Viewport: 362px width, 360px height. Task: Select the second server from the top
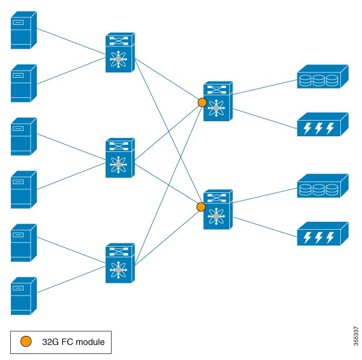24,83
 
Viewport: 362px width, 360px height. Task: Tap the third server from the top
24,136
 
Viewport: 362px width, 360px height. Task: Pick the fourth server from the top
24,189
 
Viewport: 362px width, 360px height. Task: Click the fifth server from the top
24,242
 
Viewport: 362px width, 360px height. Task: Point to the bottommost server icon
24,295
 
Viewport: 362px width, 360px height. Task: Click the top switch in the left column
120,54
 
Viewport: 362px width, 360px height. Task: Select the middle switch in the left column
120,158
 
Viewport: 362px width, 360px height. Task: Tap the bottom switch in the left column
120,263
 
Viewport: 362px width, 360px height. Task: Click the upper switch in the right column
217,101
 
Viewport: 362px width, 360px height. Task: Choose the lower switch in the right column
217,209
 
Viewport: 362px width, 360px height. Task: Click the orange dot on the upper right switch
202,103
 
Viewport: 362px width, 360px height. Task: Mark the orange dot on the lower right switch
202,207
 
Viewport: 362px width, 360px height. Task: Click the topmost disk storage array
323,78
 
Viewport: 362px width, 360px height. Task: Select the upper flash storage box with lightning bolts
323,125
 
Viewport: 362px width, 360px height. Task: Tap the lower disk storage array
323,187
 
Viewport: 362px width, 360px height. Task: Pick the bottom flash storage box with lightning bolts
323,233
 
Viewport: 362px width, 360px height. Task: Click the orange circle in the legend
27,342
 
